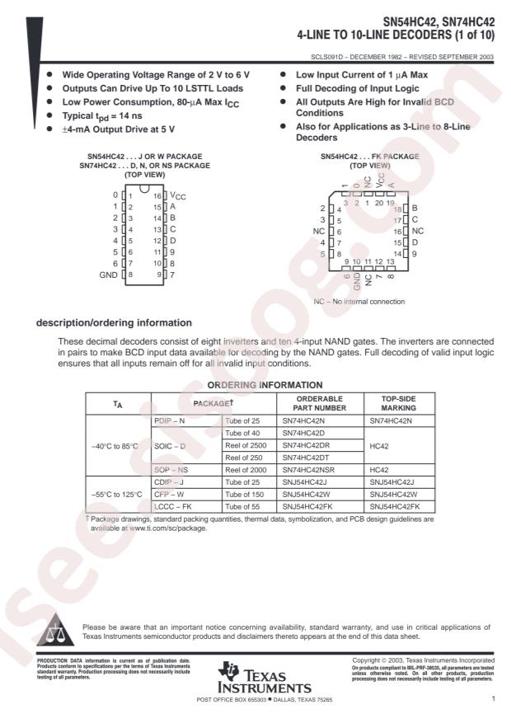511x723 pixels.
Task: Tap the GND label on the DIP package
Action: click(107, 274)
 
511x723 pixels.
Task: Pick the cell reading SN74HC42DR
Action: click(307, 444)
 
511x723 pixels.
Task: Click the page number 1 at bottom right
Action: click(492, 699)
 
